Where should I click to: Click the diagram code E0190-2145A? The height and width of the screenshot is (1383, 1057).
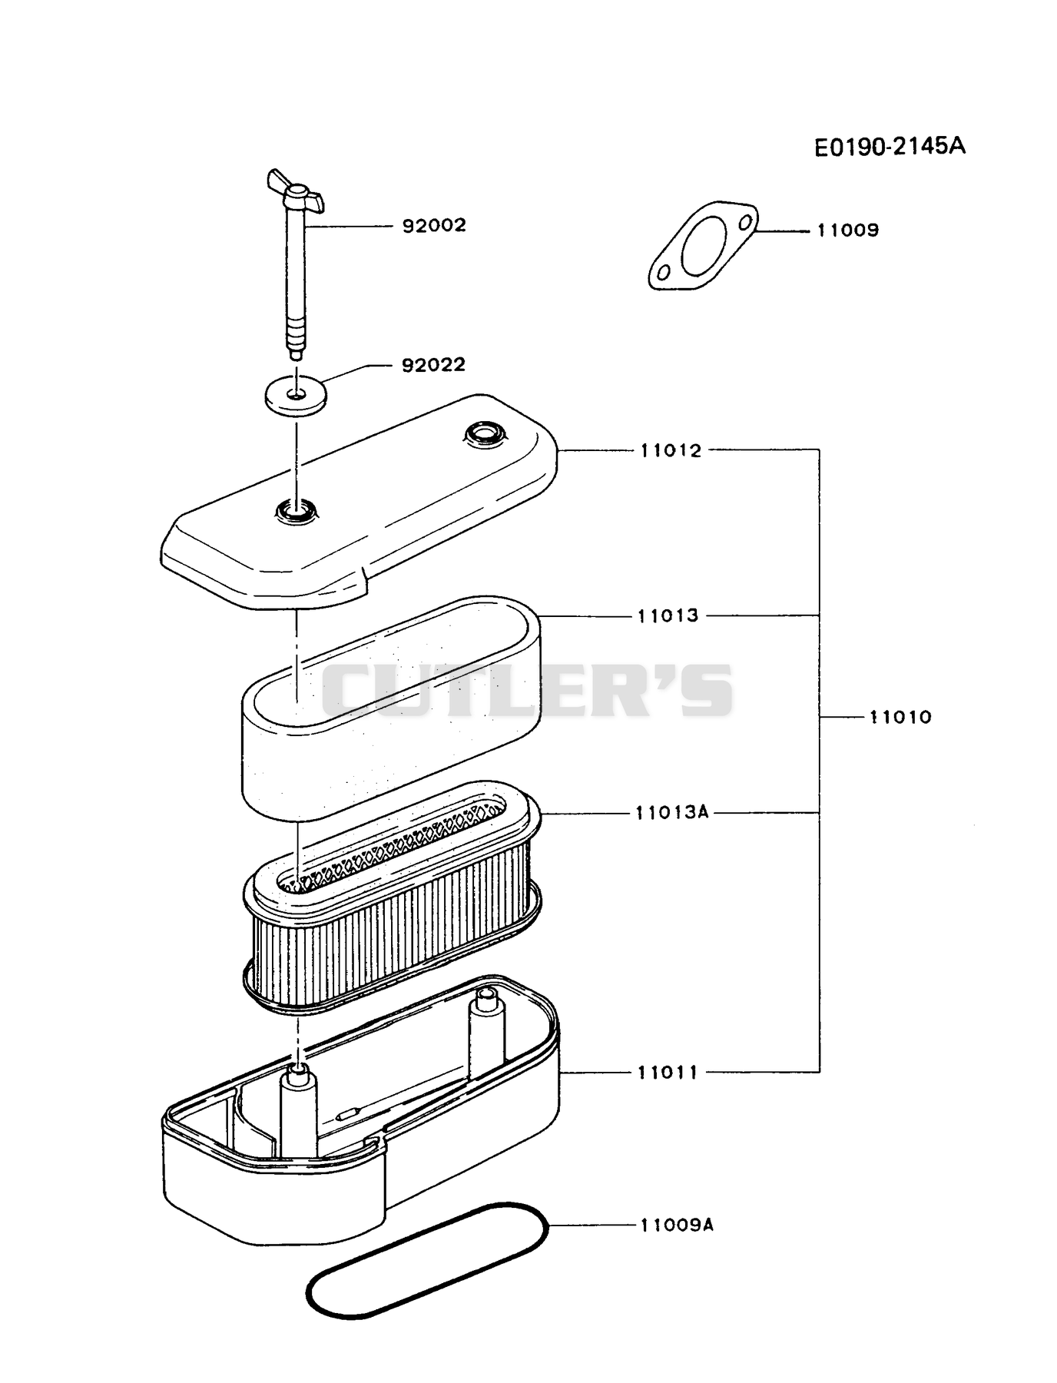[890, 146]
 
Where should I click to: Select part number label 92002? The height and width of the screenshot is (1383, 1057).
[434, 226]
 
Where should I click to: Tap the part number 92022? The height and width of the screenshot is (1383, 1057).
[434, 364]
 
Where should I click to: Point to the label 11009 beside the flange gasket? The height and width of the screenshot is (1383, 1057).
[848, 230]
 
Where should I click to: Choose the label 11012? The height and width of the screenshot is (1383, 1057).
[671, 451]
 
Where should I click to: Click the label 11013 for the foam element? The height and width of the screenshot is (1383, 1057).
[668, 615]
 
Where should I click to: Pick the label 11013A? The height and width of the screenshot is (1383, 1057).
[672, 812]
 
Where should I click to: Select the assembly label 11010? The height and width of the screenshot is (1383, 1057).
[900, 718]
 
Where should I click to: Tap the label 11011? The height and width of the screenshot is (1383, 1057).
[668, 1072]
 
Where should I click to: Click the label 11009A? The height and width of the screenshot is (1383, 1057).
[677, 1225]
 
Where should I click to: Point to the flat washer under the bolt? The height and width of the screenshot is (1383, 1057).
[296, 396]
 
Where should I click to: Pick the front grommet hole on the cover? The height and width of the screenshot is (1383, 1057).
[296, 509]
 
